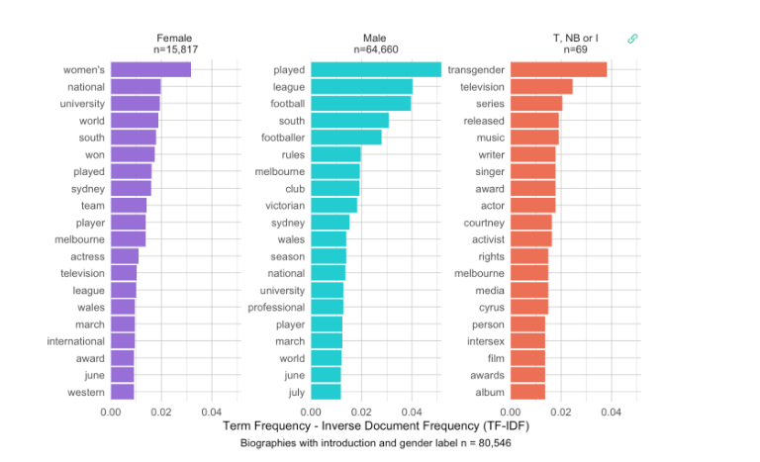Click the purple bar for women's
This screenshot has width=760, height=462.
[x=150, y=69]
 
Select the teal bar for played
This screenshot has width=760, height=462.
[x=376, y=69]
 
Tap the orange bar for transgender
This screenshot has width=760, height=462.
[x=558, y=69]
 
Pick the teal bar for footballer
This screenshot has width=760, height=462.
[x=346, y=138]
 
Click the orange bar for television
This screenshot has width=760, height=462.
[x=541, y=86]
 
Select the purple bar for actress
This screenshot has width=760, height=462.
[x=125, y=256]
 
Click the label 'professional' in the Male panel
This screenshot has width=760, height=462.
[x=276, y=308]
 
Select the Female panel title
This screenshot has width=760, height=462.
[x=174, y=37]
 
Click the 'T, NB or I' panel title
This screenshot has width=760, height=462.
[x=575, y=37]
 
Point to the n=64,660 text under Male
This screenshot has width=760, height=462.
[x=376, y=48]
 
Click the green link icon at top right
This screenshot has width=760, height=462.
[x=633, y=39]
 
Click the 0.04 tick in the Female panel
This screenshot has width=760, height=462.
[x=212, y=411]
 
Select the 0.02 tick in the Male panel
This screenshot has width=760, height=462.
[x=362, y=411]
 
